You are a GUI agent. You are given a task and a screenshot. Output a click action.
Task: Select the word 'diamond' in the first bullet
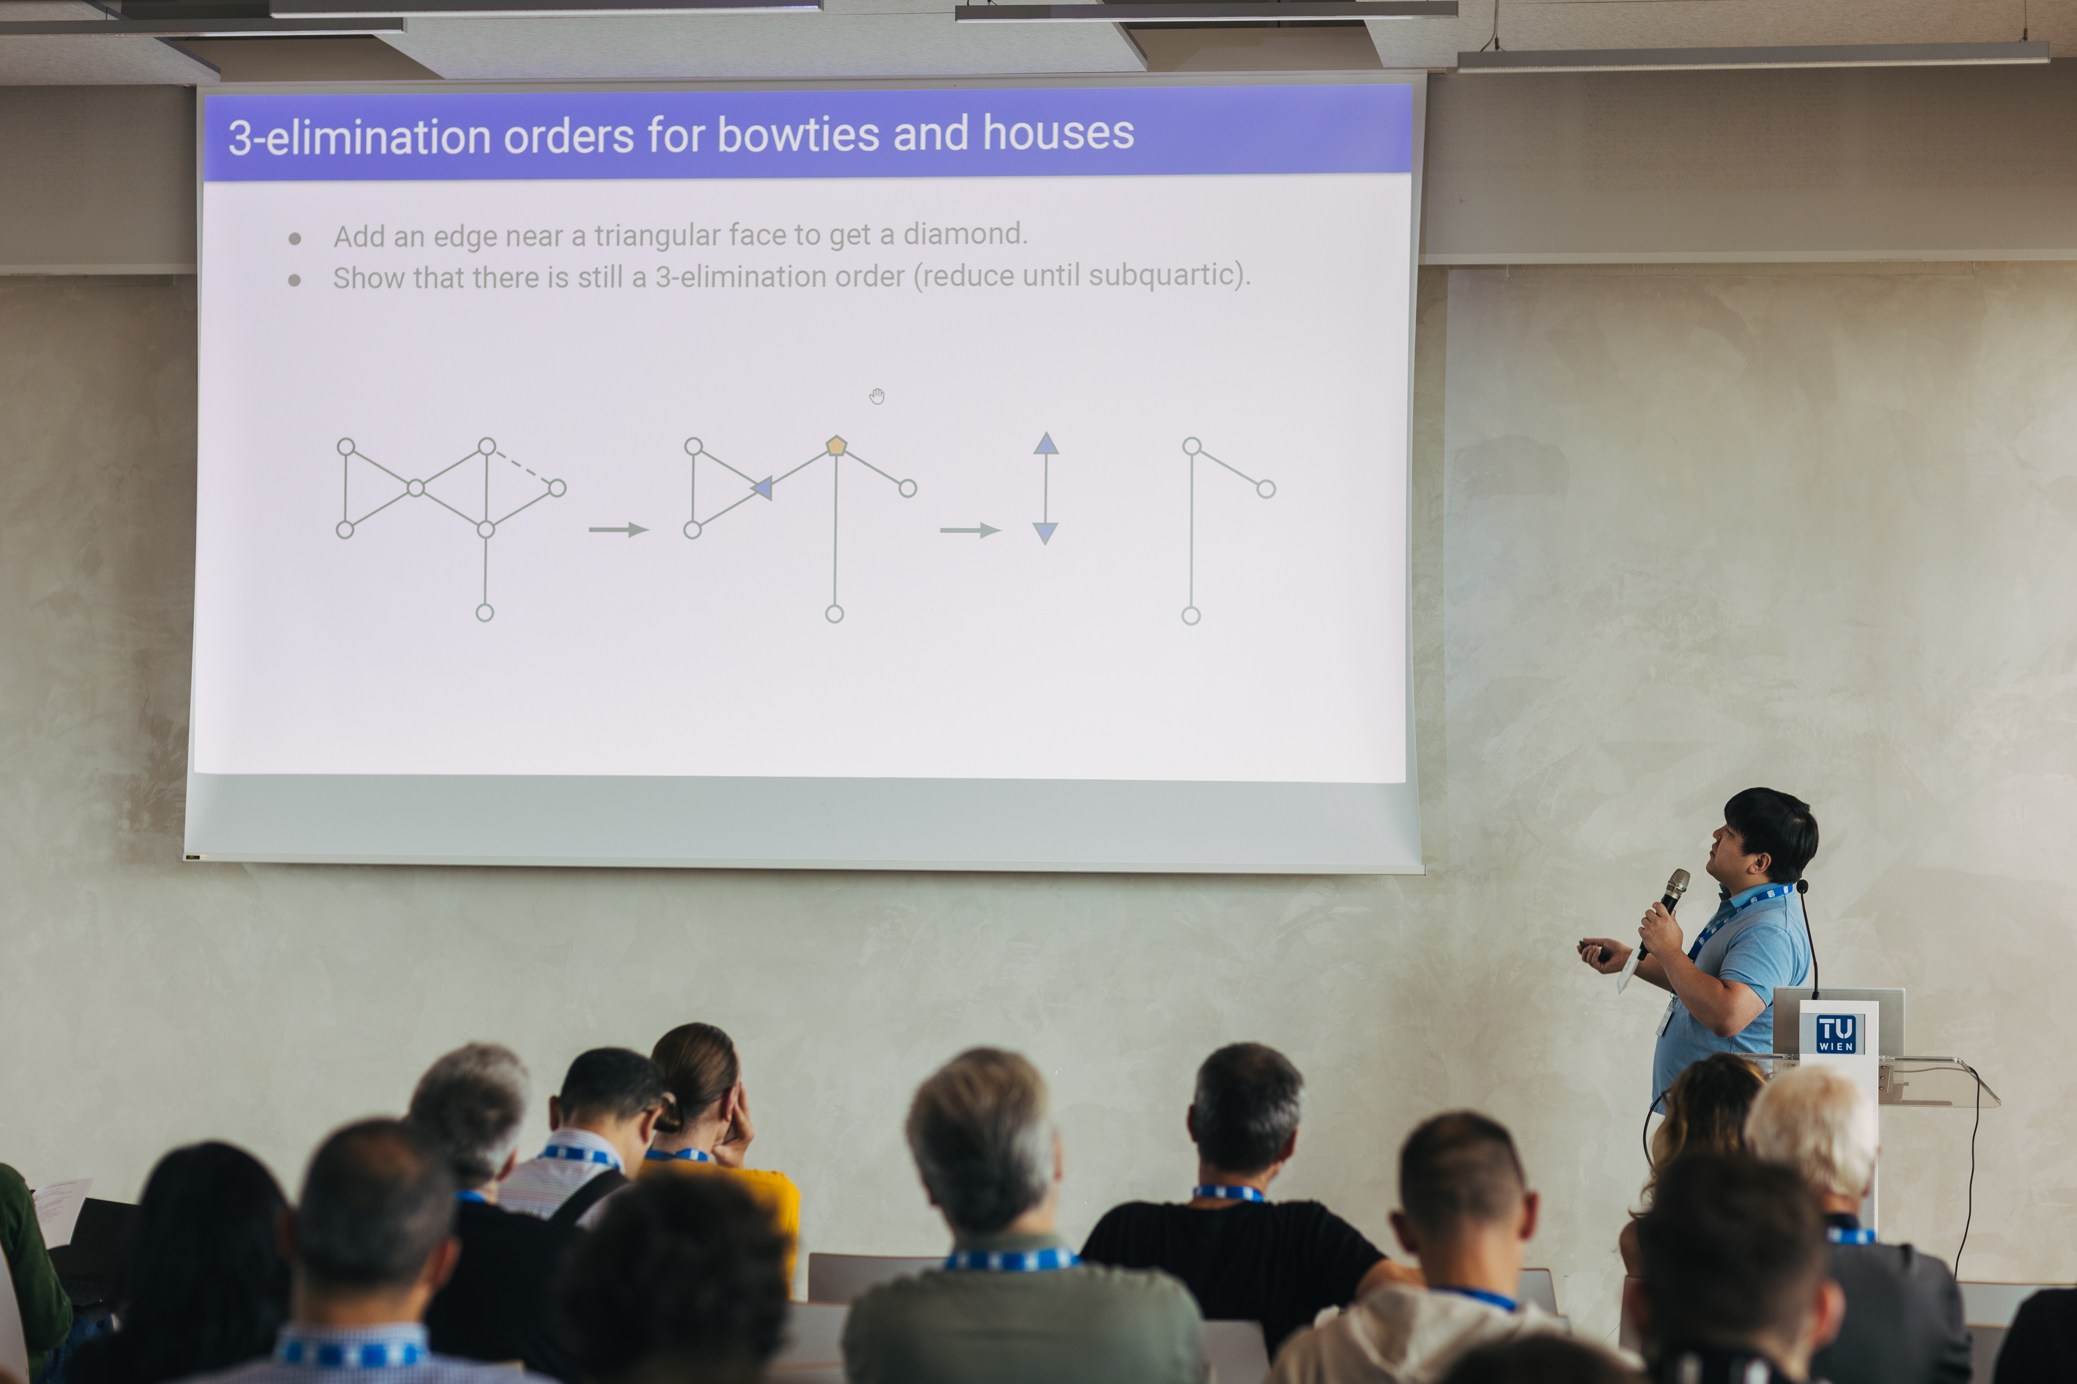pos(965,234)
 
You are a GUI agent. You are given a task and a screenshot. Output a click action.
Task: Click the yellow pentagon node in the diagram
pos(836,446)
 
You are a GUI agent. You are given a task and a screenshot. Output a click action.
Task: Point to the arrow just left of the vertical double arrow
pos(970,530)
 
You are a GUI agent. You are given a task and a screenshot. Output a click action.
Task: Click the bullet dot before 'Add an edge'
pos(295,238)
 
